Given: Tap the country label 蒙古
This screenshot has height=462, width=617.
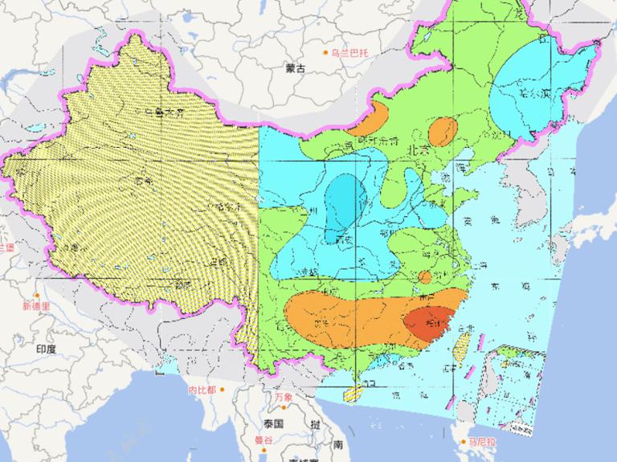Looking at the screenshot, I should tap(296, 69).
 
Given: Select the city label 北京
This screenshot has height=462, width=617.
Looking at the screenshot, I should tap(418, 149).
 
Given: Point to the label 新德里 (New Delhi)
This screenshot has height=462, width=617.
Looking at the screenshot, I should tap(36, 306).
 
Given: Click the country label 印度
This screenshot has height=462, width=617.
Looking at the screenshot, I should tap(46, 349).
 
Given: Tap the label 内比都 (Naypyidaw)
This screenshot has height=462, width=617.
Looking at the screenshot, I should tap(202, 390).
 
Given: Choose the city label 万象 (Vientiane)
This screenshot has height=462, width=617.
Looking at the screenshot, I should tap(283, 397).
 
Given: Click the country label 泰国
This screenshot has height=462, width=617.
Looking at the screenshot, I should tap(273, 423).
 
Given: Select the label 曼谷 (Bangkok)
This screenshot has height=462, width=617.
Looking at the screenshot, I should tap(264, 440).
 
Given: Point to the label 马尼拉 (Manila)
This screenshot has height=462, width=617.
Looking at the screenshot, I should tap(484, 442).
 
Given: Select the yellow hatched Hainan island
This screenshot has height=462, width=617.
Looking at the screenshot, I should tap(353, 394).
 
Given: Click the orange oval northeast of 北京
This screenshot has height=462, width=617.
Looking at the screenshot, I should tap(443, 129).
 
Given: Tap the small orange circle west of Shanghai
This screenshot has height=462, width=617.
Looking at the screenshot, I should tap(424, 277).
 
